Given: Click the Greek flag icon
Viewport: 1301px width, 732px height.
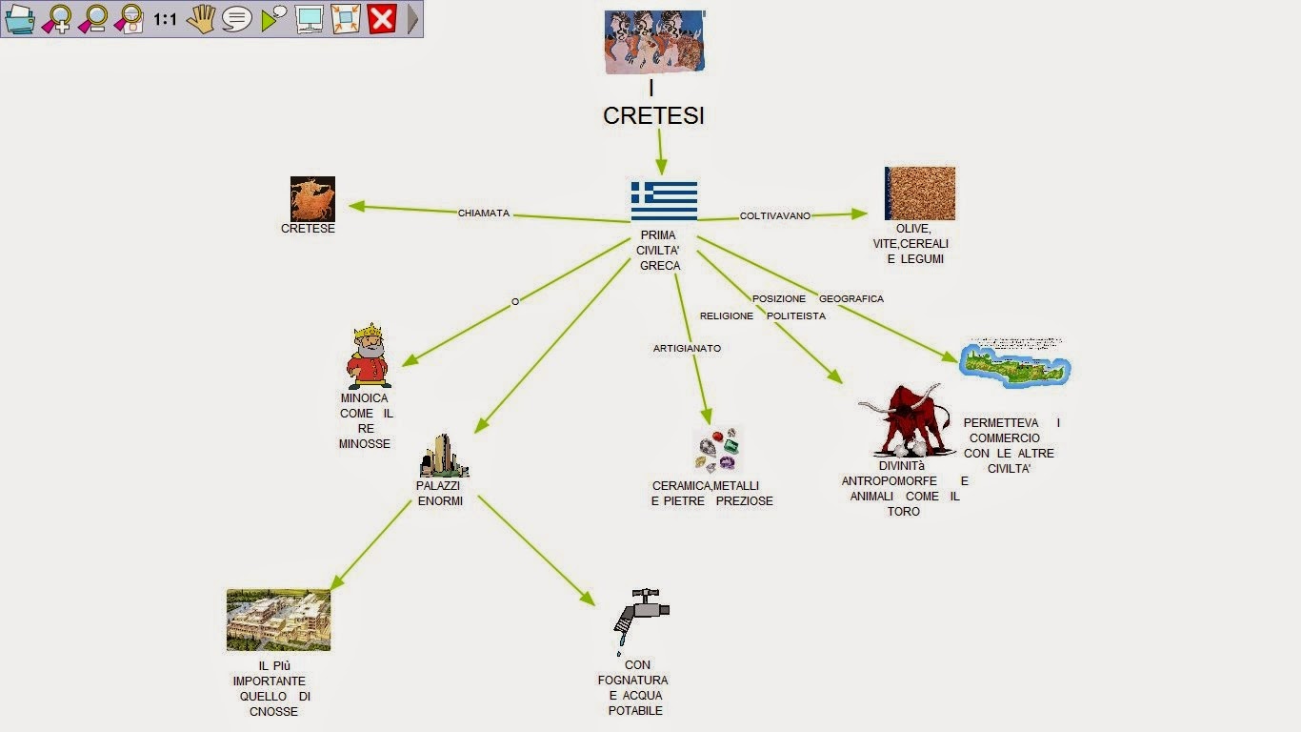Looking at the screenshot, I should coord(664,201).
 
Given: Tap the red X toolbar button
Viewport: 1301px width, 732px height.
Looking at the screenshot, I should coord(382,18).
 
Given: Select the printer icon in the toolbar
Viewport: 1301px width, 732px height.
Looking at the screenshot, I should coord(20,18).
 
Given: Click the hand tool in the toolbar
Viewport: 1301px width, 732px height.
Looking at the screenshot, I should coord(201,18).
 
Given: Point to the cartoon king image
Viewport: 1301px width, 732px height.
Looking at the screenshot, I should coord(369,356).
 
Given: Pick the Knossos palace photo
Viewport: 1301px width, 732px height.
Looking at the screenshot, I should coord(278,620).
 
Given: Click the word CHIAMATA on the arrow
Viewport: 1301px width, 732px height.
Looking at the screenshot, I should coord(484,213).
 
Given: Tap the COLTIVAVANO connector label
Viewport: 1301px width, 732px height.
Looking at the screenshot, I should coord(775,216).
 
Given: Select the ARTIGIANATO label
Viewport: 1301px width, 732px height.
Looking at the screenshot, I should coord(687,349).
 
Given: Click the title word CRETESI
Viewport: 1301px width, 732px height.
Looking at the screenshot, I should coord(653,116).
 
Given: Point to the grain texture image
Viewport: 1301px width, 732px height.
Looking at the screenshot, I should coord(919,193).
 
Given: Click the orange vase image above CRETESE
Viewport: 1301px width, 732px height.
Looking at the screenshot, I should coord(312,198).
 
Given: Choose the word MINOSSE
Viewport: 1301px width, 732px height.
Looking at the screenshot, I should coord(365,444).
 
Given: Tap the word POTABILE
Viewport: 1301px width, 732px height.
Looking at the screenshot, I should coord(635,711).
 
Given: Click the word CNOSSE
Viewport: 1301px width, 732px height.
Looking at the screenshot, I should coord(273,712).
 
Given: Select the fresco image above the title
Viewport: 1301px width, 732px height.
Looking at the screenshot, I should coord(654,41).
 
